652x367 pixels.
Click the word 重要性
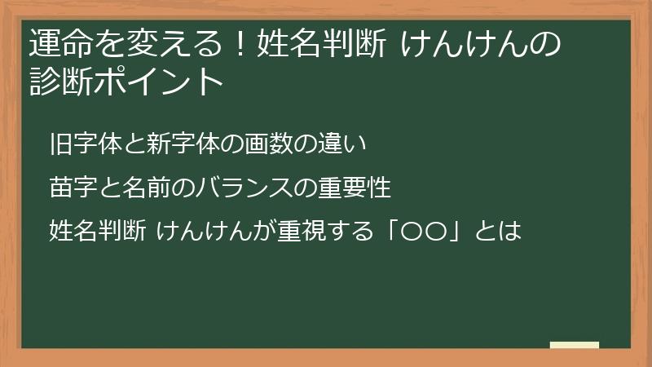[x=357, y=188]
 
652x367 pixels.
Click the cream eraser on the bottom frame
[x=575, y=345]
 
